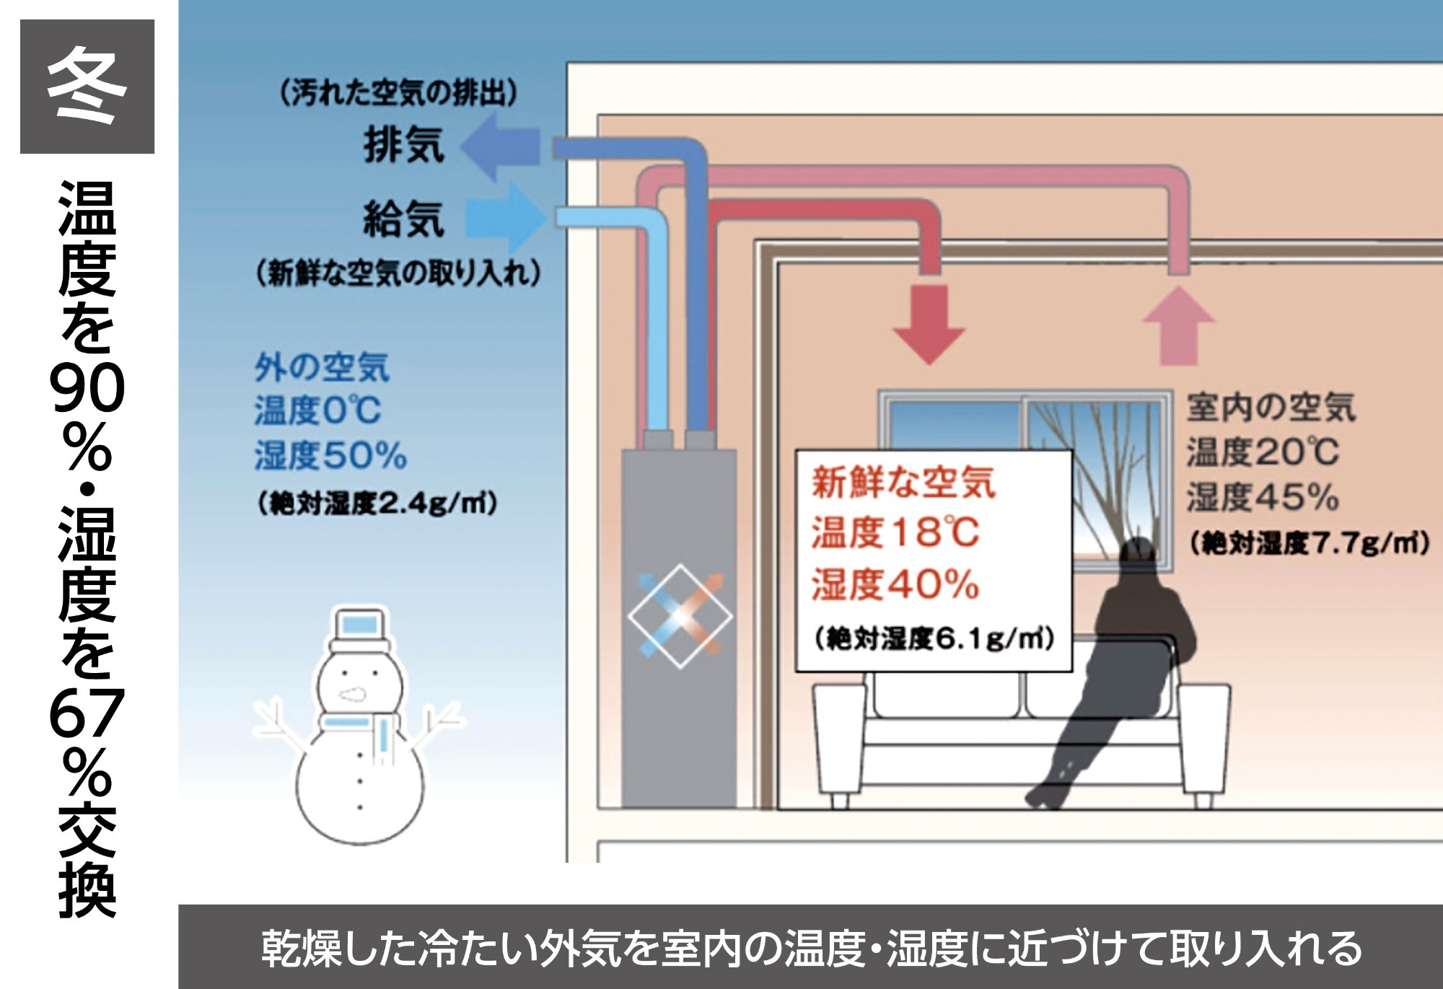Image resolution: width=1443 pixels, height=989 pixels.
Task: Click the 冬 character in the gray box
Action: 87,86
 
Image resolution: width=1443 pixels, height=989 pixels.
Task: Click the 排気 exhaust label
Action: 404,144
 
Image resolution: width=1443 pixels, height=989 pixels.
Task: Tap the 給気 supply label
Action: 404,219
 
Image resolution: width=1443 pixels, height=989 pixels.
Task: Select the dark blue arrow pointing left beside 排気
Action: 500,147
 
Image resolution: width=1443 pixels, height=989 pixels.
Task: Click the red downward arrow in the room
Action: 929,324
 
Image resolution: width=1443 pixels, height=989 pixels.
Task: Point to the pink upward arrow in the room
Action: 1178,325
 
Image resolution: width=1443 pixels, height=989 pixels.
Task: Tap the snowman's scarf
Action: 361,732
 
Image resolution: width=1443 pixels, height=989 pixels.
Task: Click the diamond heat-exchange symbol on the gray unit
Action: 680,616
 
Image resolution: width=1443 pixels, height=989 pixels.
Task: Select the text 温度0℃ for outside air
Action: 317,410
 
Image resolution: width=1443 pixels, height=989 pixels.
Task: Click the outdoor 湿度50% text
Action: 330,455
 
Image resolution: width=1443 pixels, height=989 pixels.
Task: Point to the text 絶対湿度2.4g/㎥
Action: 377,503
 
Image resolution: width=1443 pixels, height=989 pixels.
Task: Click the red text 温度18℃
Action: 895,532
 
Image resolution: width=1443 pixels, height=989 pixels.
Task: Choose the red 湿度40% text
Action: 895,584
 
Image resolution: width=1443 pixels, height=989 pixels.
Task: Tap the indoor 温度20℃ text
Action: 1263,452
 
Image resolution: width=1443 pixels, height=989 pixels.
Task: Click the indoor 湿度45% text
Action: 1263,497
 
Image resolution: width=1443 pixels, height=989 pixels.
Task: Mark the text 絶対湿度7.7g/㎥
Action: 1310,543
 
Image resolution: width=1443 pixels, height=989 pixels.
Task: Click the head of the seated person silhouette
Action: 1139,558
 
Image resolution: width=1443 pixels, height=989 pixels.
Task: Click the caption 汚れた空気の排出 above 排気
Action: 398,93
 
